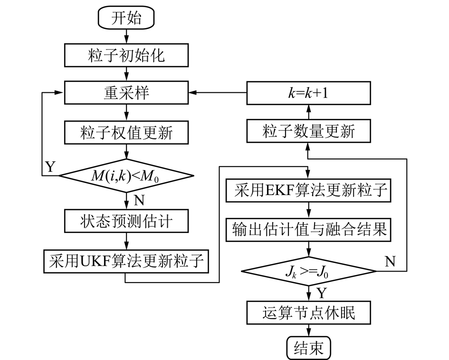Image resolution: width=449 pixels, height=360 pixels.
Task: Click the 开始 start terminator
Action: click(x=126, y=18)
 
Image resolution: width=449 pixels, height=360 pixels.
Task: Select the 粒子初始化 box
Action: click(x=126, y=56)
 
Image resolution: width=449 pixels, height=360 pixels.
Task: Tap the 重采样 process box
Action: click(x=126, y=93)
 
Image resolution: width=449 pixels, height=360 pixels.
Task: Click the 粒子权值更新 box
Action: click(x=126, y=133)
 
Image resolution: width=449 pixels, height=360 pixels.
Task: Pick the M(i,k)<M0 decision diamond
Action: click(x=126, y=176)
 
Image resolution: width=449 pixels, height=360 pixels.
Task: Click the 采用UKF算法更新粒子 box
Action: click(x=126, y=261)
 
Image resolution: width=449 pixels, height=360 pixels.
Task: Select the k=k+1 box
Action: click(x=308, y=93)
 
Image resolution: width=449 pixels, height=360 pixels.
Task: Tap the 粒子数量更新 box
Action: click(x=308, y=131)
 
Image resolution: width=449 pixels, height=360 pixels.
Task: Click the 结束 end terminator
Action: click(x=309, y=348)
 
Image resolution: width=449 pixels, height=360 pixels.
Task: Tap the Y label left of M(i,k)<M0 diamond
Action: click(x=50, y=166)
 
